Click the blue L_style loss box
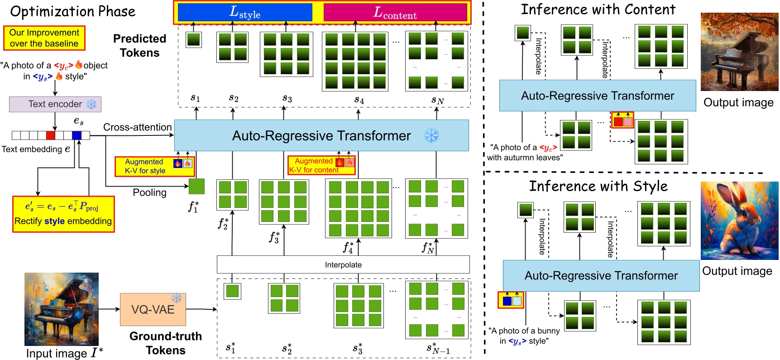click(245, 12)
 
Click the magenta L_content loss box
click(395, 12)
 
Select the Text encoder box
click(55, 104)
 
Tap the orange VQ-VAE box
click(153, 309)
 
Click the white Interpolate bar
click(343, 264)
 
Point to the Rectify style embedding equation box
click(63, 214)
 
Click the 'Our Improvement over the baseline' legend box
click(44, 38)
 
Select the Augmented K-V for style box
click(154, 166)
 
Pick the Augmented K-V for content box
click(321, 165)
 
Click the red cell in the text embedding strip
click(51, 135)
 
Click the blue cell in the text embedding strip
click(77, 135)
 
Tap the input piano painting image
click(62, 309)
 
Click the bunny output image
click(739, 221)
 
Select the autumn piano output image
click(739, 52)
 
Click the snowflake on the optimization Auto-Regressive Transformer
click(431, 135)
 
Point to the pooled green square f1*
click(196, 186)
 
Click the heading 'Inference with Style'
click(598, 186)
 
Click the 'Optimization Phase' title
click(72, 11)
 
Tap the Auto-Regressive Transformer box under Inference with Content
click(597, 96)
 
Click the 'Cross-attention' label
click(137, 127)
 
